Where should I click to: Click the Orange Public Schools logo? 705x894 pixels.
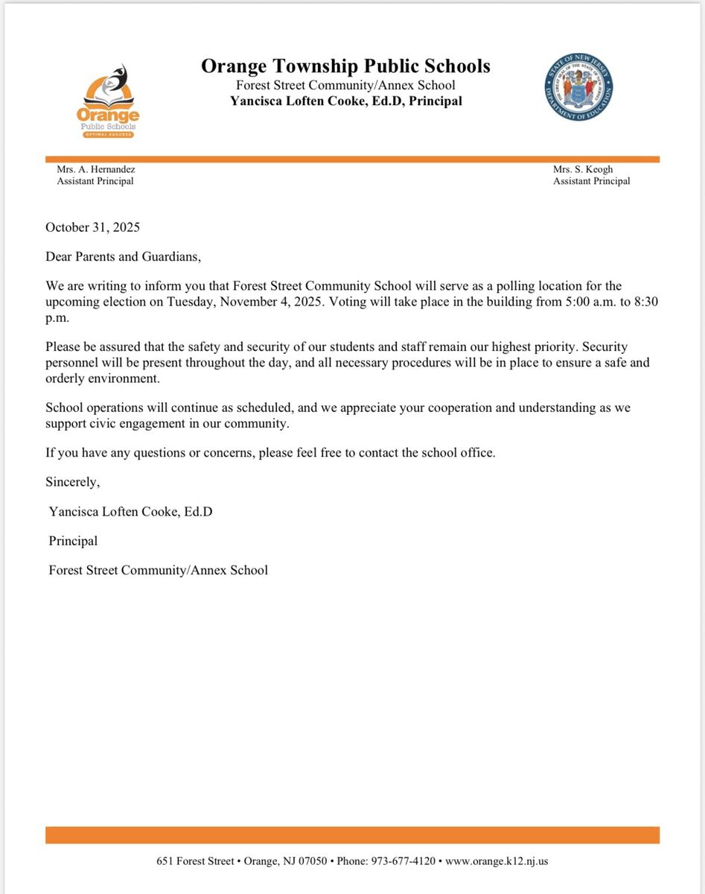(x=107, y=101)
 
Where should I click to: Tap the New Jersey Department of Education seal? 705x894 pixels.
(x=578, y=87)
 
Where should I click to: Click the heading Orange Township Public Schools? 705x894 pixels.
(x=345, y=66)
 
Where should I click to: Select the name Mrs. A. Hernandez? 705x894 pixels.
(x=96, y=169)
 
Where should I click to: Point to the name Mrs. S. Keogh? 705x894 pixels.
(x=583, y=169)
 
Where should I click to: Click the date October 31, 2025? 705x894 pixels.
(x=92, y=227)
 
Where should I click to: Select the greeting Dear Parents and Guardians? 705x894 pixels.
(x=124, y=256)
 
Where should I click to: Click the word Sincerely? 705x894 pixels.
(x=72, y=482)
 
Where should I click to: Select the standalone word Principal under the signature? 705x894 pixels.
(x=73, y=541)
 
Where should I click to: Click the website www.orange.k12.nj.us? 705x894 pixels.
(x=497, y=860)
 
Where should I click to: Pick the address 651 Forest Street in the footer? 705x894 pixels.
(x=195, y=860)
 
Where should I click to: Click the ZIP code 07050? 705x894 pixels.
(x=310, y=860)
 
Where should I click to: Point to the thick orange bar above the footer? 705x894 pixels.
(x=352, y=834)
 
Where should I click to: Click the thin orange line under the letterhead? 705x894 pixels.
(x=352, y=159)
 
